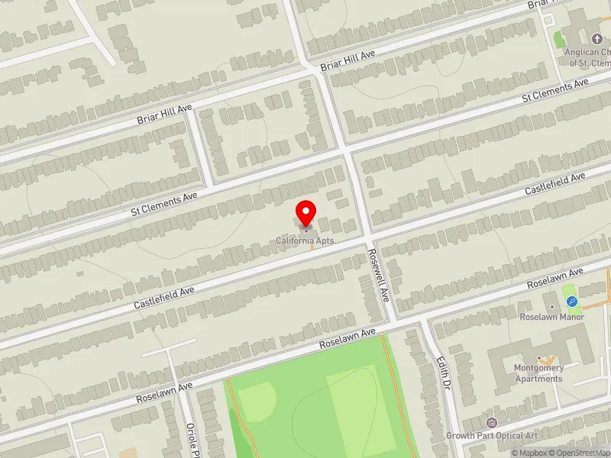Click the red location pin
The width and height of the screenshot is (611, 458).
[x=306, y=213]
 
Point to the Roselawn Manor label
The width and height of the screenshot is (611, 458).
[x=551, y=317]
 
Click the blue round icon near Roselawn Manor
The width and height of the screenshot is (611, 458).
[x=571, y=302]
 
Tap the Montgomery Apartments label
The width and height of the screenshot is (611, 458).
[x=539, y=373]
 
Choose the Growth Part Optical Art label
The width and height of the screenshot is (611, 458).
[x=492, y=436]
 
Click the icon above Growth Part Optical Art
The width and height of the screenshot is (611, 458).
[x=491, y=423]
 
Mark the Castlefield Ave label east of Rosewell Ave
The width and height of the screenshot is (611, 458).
[x=555, y=184]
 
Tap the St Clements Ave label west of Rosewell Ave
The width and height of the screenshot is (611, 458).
[x=165, y=202]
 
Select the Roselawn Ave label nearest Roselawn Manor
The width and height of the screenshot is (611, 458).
[x=555, y=279]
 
